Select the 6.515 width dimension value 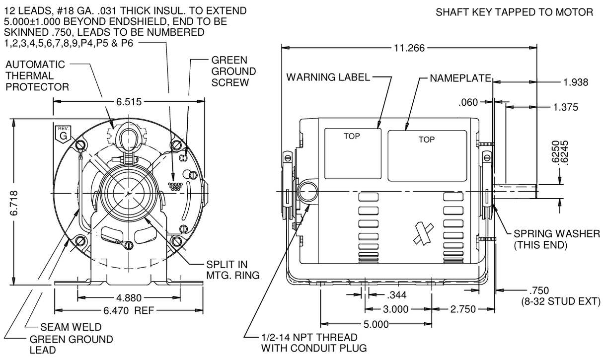tap(129, 102)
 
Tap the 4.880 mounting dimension tap(129, 298)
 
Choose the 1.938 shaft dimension tap(576, 82)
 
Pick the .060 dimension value tap(468, 103)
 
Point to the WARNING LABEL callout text tap(328, 77)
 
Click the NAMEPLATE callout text tap(460, 78)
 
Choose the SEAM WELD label tap(71, 327)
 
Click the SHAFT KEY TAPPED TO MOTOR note tap(514, 12)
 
